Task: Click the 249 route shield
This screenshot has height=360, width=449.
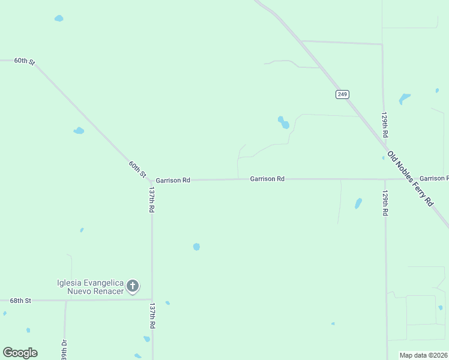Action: click(342, 94)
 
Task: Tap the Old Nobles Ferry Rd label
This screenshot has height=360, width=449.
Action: click(411, 179)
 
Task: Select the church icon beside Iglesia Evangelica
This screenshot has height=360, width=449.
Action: click(133, 286)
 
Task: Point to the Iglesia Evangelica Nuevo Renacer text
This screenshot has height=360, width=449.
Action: click(90, 287)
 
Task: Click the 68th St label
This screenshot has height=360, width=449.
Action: click(20, 300)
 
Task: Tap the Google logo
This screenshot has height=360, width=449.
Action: click(20, 353)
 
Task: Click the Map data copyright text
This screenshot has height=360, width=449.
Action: click(424, 355)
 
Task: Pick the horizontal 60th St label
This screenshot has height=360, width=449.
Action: click(25, 61)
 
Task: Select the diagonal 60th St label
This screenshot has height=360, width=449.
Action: click(137, 169)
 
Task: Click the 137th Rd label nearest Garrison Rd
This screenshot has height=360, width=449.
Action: click(152, 199)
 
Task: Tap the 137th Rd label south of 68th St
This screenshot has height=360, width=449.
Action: click(152, 315)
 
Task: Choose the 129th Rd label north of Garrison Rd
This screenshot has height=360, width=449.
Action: click(386, 124)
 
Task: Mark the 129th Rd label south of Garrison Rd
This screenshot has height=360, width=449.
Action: click(385, 203)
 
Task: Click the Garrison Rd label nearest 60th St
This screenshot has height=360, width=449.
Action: click(173, 180)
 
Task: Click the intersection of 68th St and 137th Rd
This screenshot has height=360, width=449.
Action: click(152, 299)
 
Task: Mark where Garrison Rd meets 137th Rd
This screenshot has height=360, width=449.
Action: click(152, 180)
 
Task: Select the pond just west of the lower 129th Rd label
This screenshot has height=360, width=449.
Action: click(358, 203)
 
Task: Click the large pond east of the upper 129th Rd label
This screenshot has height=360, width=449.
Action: click(405, 98)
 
